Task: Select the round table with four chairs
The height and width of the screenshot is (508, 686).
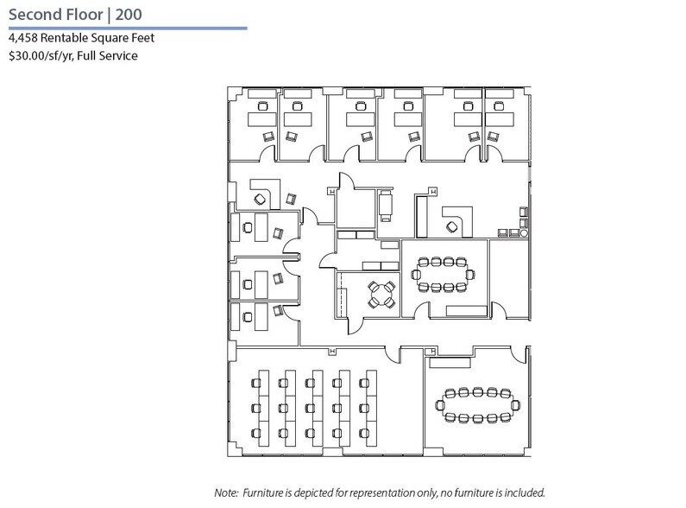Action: pos(380,293)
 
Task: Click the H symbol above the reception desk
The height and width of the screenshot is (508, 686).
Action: pos(433,191)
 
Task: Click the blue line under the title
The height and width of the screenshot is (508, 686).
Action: pos(124,29)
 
